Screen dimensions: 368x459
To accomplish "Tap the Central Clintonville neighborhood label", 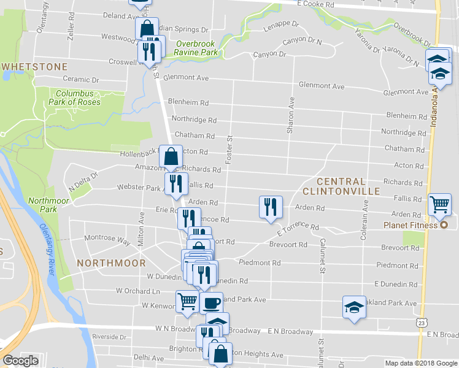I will pyautogui.click(x=350, y=187).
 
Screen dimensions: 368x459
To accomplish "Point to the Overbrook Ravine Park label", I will pyautogui.click(x=197, y=48).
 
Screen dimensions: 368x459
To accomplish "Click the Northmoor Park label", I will pyautogui.click(x=42, y=204).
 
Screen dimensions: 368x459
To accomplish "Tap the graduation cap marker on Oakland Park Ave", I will pyautogui.click(x=354, y=307).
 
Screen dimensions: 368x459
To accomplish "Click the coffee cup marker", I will pyautogui.click(x=211, y=302).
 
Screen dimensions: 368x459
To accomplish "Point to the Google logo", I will pyautogui.click(x=20, y=361).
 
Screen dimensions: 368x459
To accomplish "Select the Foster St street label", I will pyautogui.click(x=228, y=150).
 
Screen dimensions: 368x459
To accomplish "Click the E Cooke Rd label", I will pyautogui.click(x=315, y=4).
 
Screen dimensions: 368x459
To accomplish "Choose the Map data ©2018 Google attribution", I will pyautogui.click(x=420, y=363).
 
